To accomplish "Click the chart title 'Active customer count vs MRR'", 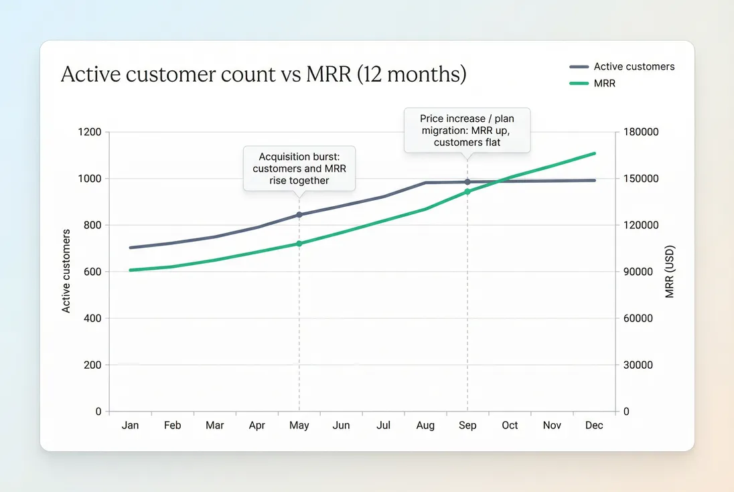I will tap(263, 74).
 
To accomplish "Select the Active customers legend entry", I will tap(622, 67).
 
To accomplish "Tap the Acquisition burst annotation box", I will tap(299, 169).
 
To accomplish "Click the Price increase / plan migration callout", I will tap(467, 131).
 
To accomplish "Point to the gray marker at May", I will tap(299, 215).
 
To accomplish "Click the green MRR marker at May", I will tap(299, 244).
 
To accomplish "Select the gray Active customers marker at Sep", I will tap(467, 182).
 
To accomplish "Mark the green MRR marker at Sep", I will tap(467, 192).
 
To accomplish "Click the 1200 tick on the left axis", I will tap(90, 133).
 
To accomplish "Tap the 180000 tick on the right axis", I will tap(641, 133).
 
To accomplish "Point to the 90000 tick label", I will tap(638, 272).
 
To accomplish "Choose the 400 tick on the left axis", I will tap(92, 319).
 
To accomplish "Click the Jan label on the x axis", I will tap(130, 426).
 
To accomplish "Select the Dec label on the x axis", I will tap(594, 426).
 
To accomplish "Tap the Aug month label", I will tap(425, 426).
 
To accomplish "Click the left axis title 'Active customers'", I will tap(66, 271).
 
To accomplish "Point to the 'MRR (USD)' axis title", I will tap(670, 271).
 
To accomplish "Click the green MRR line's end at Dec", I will tap(595, 153).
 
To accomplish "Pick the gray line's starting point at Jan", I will tap(131, 248).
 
